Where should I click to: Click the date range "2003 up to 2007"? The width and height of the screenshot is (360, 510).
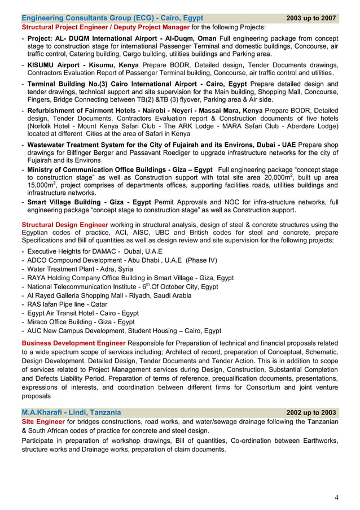pos(311,18)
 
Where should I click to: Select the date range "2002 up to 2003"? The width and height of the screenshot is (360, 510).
pos(311,412)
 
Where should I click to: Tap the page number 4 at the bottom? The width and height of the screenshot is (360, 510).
pos(336,498)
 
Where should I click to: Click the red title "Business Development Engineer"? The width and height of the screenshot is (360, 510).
pos(73,343)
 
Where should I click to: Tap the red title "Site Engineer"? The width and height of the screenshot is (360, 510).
pos(43,422)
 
